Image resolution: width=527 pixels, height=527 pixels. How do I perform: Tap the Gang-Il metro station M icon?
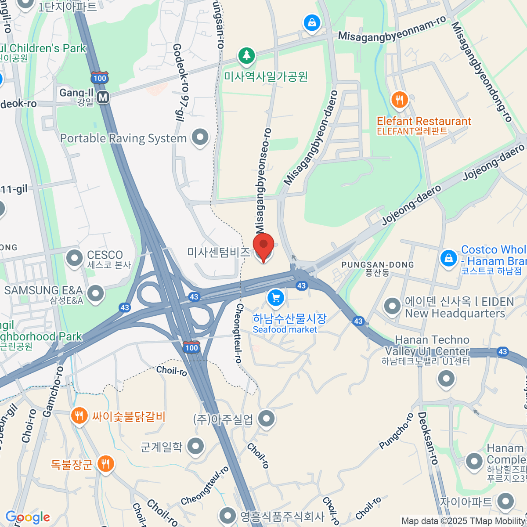[x=103, y=97]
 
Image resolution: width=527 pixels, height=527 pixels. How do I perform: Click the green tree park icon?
[x=246, y=56]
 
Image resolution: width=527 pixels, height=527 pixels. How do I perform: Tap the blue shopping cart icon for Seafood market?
[x=275, y=298]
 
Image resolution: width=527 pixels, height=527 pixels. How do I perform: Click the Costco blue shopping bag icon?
[x=448, y=258]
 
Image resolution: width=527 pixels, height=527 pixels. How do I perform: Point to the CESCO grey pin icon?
[x=74, y=258]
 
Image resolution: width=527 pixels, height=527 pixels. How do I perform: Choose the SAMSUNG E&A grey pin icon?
[x=95, y=293]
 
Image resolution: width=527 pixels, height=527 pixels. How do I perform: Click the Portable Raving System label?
[x=123, y=138]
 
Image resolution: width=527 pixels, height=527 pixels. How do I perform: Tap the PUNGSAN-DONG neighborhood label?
[x=378, y=265]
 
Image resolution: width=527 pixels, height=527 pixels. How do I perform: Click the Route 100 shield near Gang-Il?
[x=100, y=78]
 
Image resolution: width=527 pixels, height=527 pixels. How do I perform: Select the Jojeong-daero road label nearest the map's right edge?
[x=494, y=162]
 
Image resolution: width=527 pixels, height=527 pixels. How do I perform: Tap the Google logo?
[x=28, y=517]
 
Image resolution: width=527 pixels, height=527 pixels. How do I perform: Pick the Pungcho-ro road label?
[x=397, y=431]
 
